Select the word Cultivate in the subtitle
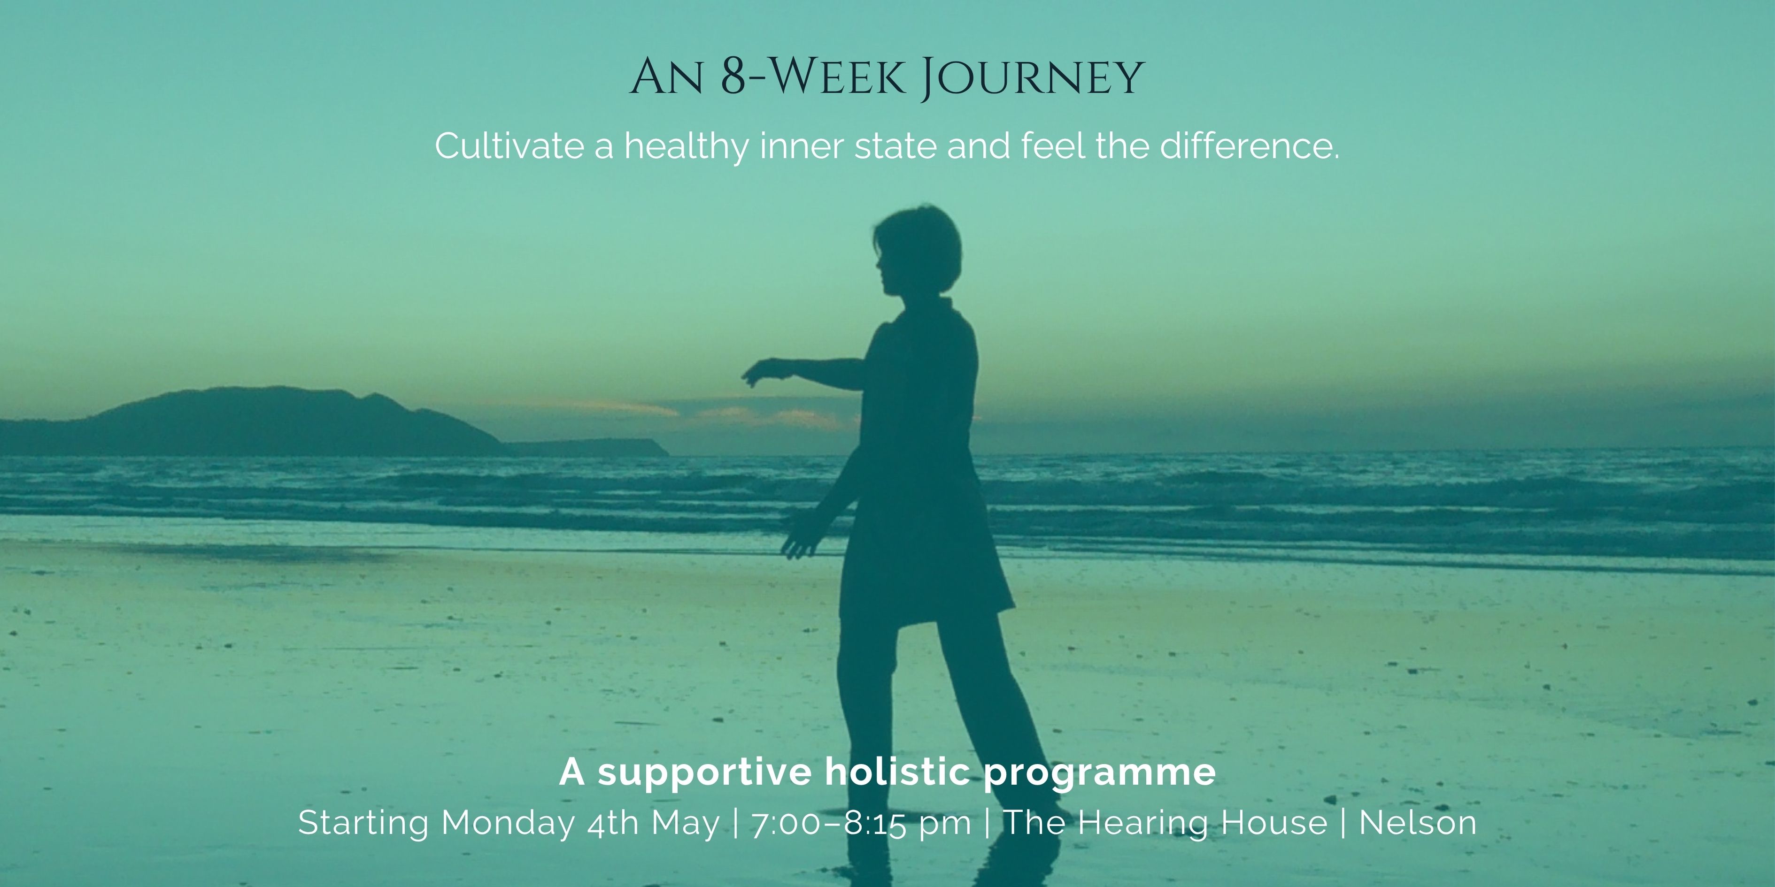(x=509, y=147)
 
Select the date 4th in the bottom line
(x=613, y=824)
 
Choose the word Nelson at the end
(x=1418, y=824)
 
